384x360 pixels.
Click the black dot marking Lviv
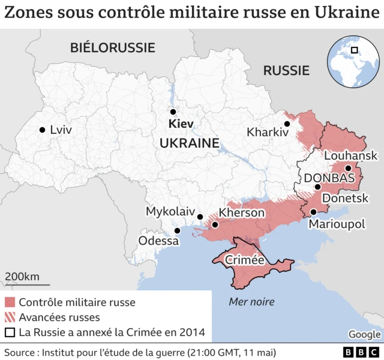(x=42, y=130)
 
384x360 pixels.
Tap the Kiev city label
(x=181, y=124)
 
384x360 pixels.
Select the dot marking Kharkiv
(x=287, y=124)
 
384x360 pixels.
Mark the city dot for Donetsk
(x=317, y=187)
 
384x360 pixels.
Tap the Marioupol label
(x=337, y=224)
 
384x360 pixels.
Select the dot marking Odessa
(x=177, y=230)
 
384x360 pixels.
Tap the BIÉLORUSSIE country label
(x=112, y=47)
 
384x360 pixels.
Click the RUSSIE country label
(x=286, y=71)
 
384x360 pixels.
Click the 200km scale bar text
(x=22, y=277)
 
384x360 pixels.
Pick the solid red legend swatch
(x=10, y=302)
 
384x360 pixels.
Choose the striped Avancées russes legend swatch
(x=10, y=317)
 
